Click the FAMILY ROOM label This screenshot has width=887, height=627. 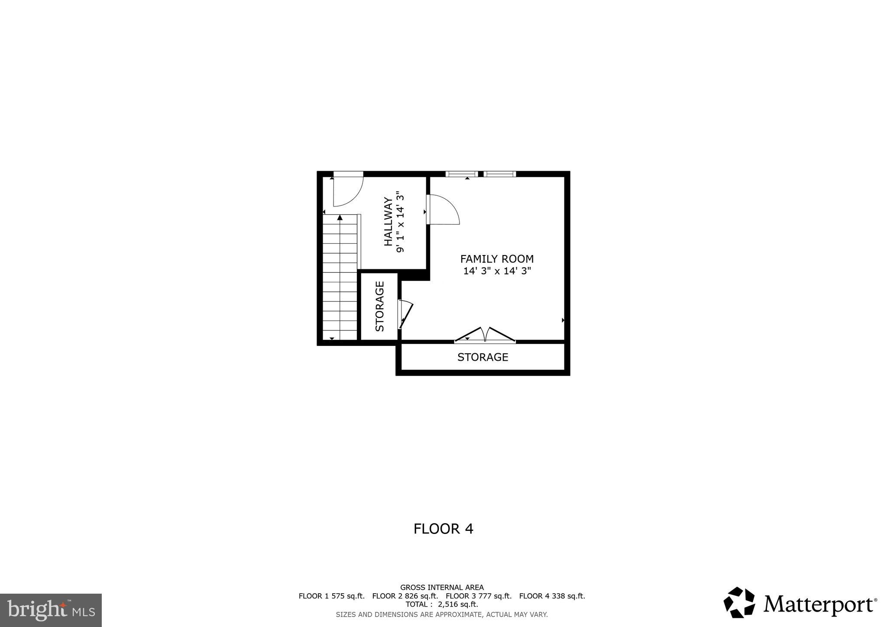click(x=497, y=259)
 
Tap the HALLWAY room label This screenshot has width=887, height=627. click(x=388, y=222)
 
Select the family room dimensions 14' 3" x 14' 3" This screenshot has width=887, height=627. click(x=497, y=271)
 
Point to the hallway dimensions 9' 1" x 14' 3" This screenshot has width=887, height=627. click(x=400, y=222)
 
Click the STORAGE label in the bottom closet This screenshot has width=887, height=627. click(x=482, y=357)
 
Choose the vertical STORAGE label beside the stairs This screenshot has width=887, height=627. click(x=380, y=307)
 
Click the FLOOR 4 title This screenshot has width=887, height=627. click(x=443, y=529)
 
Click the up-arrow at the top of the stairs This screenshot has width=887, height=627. click(x=340, y=218)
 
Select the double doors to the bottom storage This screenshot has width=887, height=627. click(x=485, y=335)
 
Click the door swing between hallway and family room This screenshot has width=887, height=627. click(x=443, y=210)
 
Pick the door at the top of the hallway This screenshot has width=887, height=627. click(x=348, y=190)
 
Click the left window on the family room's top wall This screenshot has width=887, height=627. click(x=461, y=174)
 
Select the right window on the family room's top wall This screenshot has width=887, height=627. click(x=500, y=174)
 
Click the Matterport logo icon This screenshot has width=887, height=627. click(x=739, y=602)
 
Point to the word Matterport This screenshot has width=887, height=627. click(x=818, y=604)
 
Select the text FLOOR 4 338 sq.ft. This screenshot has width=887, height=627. click(x=552, y=596)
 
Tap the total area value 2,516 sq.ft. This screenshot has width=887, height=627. click(x=458, y=604)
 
